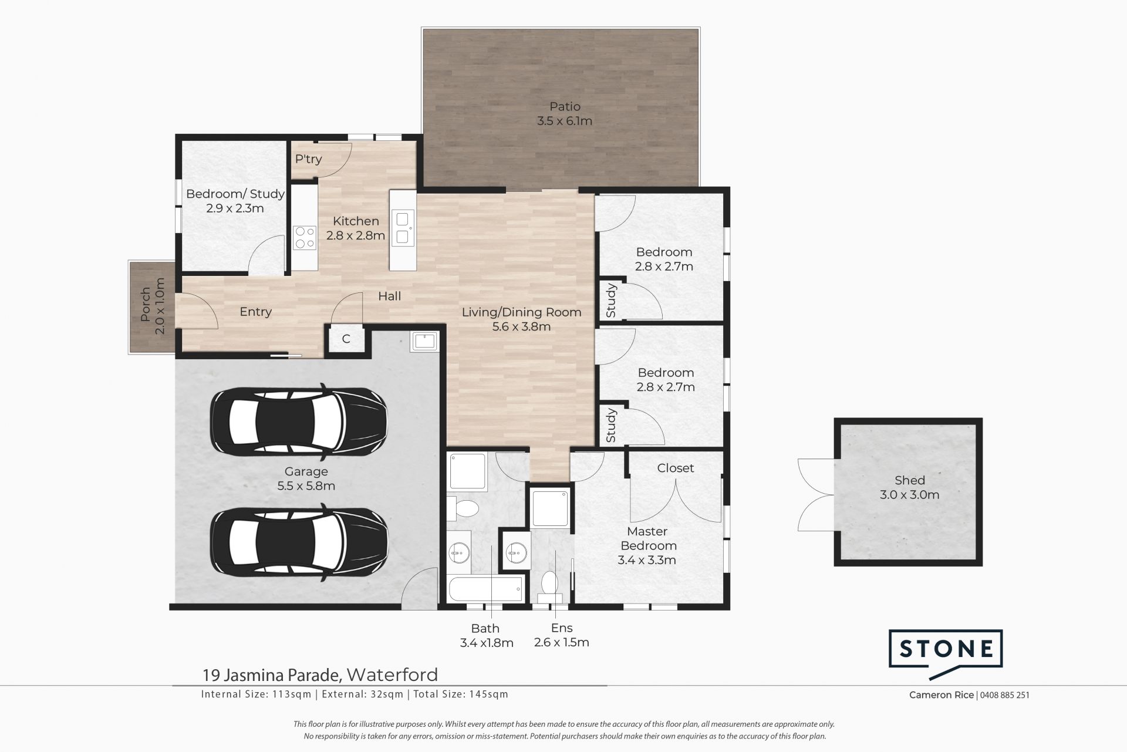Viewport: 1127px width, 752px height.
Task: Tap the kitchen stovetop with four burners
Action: (x=305, y=238)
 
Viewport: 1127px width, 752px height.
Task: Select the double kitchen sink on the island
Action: (x=403, y=228)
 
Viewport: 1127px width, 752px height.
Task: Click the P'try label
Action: (x=308, y=159)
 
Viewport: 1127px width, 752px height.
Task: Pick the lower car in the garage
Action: (x=299, y=544)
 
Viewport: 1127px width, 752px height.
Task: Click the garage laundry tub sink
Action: (x=424, y=341)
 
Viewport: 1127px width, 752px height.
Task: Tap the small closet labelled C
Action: (x=346, y=339)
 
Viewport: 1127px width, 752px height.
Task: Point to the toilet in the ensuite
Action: (x=549, y=586)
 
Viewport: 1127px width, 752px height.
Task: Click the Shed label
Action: (x=909, y=480)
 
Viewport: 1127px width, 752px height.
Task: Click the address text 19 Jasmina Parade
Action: (x=272, y=675)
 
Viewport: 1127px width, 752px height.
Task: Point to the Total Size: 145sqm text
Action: (x=461, y=694)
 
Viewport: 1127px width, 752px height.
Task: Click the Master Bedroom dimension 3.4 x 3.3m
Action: (x=647, y=560)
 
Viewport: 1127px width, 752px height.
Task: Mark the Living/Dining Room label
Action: (x=521, y=312)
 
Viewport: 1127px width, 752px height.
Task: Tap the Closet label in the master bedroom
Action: (x=676, y=468)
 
